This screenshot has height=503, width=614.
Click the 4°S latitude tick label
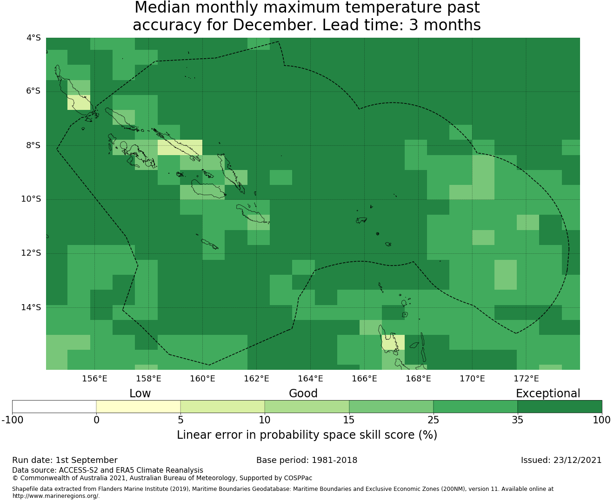pyautogui.click(x=33, y=38)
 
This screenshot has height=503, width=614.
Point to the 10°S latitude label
pyautogui.click(x=31, y=199)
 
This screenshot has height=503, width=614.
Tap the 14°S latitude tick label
pyautogui.click(x=31, y=307)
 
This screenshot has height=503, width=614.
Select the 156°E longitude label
pyautogui.click(x=94, y=379)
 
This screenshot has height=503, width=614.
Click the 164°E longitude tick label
pyautogui.click(x=310, y=379)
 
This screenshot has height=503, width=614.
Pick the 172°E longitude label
pyautogui.click(x=526, y=379)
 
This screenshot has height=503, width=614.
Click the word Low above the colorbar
pyautogui.click(x=140, y=394)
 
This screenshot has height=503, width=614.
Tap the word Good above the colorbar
pyautogui.click(x=303, y=394)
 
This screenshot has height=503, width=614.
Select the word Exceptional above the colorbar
pyautogui.click(x=548, y=394)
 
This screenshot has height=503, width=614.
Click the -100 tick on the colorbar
pyautogui.click(x=12, y=420)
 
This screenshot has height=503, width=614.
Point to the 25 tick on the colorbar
pyautogui.click(x=433, y=420)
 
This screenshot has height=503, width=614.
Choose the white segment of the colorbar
pyautogui.click(x=54, y=407)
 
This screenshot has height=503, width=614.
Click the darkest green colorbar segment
pyautogui.click(x=560, y=407)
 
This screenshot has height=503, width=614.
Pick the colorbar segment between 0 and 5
pyautogui.click(x=138, y=407)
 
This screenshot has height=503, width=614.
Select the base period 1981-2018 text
pyautogui.click(x=334, y=460)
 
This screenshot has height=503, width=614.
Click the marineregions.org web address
pyautogui.click(x=56, y=496)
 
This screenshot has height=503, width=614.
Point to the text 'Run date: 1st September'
pyautogui.click(x=65, y=461)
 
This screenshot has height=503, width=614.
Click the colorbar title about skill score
pyautogui.click(x=307, y=435)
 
